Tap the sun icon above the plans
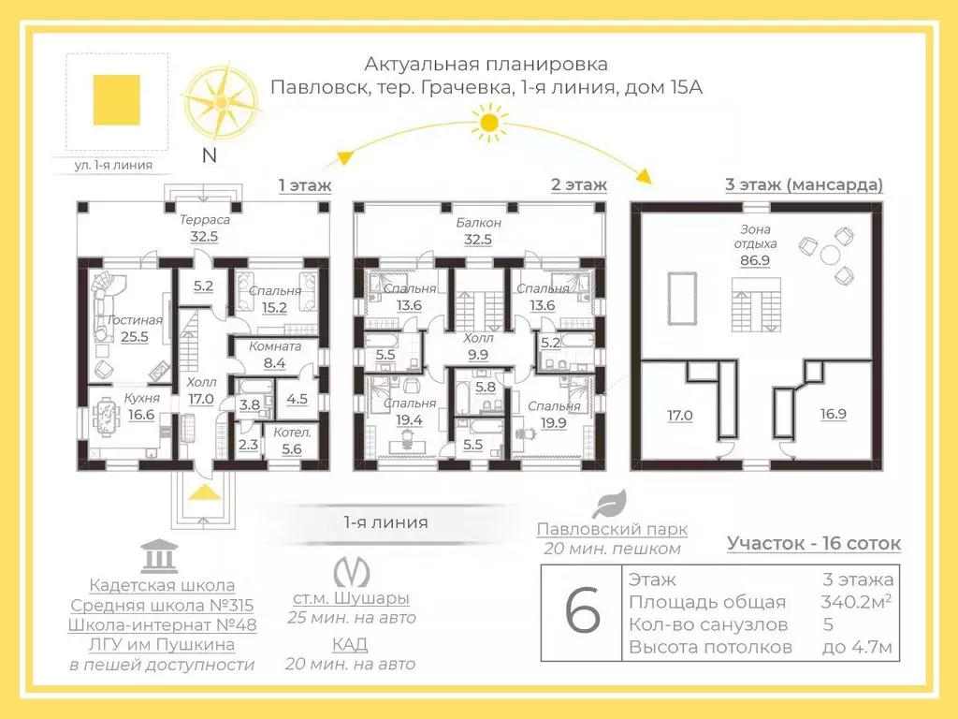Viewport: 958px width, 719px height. (486, 122)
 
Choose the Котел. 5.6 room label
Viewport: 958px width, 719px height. (292, 440)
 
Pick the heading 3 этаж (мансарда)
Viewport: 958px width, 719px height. (804, 184)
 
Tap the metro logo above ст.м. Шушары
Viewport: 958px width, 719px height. (351, 571)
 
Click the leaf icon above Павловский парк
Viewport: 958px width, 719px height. (612, 504)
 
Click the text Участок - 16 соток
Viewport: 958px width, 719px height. (814, 543)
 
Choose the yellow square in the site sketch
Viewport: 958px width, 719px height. (117, 100)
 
